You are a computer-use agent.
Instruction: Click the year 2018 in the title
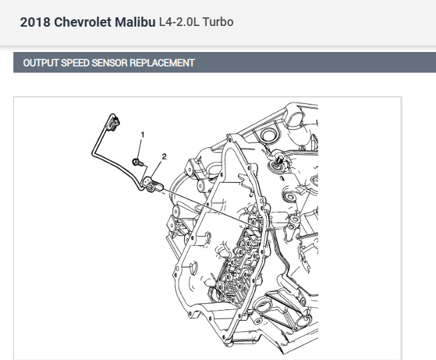tap(35, 22)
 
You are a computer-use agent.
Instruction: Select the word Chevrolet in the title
tap(83, 22)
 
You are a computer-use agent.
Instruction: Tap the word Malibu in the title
tap(135, 22)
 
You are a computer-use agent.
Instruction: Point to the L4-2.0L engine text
tap(179, 22)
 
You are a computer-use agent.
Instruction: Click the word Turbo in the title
tap(218, 22)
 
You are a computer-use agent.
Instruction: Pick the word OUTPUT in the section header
tap(41, 63)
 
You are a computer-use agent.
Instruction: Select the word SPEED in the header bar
tap(75, 63)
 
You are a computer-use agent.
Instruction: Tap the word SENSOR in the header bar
tap(109, 63)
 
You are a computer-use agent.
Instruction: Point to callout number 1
tap(143, 135)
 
